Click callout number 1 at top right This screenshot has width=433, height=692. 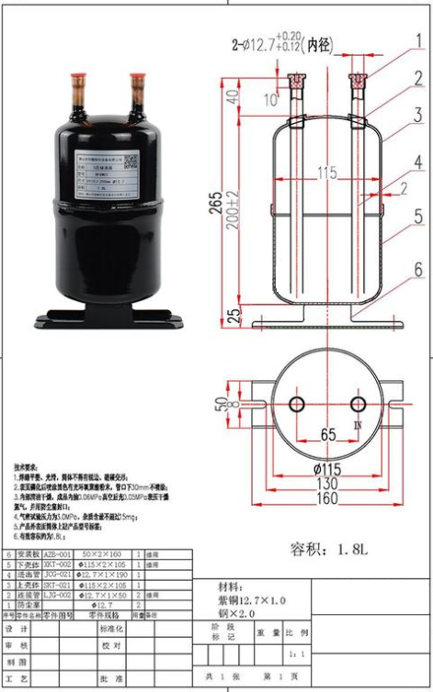[x=418, y=40]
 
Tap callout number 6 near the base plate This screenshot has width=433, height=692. [x=417, y=270]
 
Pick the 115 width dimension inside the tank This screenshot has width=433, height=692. [x=326, y=173]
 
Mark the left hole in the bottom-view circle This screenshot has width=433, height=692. [x=296, y=404]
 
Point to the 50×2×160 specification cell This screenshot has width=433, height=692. [x=104, y=556]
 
